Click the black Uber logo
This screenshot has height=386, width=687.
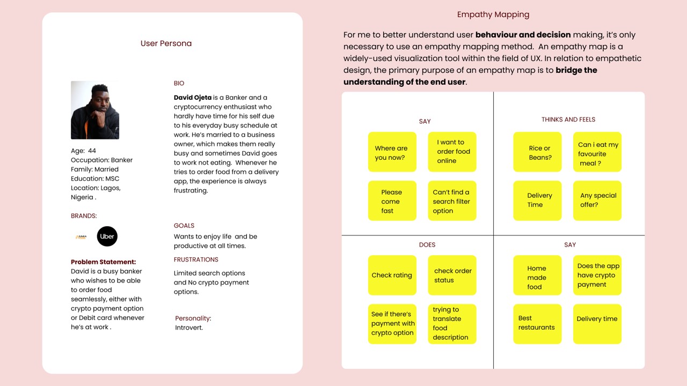(107, 236)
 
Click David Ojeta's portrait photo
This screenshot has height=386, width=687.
(95, 110)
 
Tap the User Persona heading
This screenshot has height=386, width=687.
(166, 43)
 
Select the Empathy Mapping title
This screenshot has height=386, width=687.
(493, 14)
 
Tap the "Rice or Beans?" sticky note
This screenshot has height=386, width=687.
(537, 152)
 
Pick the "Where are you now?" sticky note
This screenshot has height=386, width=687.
(392, 152)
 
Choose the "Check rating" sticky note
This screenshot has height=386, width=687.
(392, 275)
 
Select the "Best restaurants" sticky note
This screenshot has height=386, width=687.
(537, 323)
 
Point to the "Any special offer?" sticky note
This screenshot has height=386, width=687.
(597, 201)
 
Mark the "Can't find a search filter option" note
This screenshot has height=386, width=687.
(452, 201)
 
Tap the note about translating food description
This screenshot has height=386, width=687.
(452, 323)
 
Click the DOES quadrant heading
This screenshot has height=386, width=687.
(427, 244)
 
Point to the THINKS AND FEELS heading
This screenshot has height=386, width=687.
(568, 120)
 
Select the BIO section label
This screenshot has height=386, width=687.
(179, 83)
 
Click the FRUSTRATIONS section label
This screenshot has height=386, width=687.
(196, 259)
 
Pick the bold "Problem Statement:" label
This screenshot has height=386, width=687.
(103, 262)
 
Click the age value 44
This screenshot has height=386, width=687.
(92, 151)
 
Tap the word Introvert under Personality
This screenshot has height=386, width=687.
(189, 328)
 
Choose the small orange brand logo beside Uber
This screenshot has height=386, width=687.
(81, 236)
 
